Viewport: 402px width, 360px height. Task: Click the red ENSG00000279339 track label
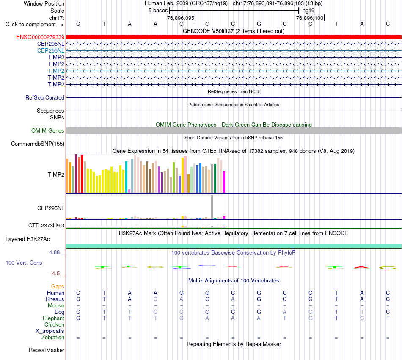pyautogui.click(x=40, y=37)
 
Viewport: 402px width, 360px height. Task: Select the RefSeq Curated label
pyautogui.click(x=45, y=97)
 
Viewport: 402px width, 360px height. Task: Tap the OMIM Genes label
pyautogui.click(x=48, y=130)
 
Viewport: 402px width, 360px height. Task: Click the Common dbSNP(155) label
pyautogui.click(x=38, y=144)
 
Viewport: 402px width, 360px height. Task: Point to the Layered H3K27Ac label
pyautogui.click(x=28, y=239)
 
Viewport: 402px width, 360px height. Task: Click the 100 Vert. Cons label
pyautogui.click(x=24, y=263)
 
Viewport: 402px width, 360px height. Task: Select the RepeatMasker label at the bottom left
pyautogui.click(x=47, y=350)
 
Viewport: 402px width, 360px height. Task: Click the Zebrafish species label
pyautogui.click(x=53, y=337)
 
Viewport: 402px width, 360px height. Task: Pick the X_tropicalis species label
pyautogui.click(x=50, y=331)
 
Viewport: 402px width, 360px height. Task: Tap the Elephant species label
pyautogui.click(x=54, y=318)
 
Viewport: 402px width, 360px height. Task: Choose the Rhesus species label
pyautogui.click(x=55, y=299)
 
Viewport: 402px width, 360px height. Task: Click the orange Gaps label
pyautogui.click(x=58, y=286)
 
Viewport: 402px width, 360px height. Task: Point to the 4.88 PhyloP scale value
pyautogui.click(x=54, y=252)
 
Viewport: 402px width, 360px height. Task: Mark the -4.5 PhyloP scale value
pyautogui.click(x=55, y=274)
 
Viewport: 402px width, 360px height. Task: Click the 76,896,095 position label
pyautogui.click(x=181, y=18)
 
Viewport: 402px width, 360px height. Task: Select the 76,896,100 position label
pyautogui.click(x=310, y=18)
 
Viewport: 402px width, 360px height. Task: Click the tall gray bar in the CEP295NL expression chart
pyautogui.click(x=212, y=207)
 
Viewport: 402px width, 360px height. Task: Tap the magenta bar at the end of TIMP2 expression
pyautogui.click(x=224, y=182)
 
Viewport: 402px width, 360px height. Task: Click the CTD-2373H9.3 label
pyautogui.click(x=47, y=226)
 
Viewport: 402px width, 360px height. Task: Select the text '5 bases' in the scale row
pyautogui.click(x=158, y=11)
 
